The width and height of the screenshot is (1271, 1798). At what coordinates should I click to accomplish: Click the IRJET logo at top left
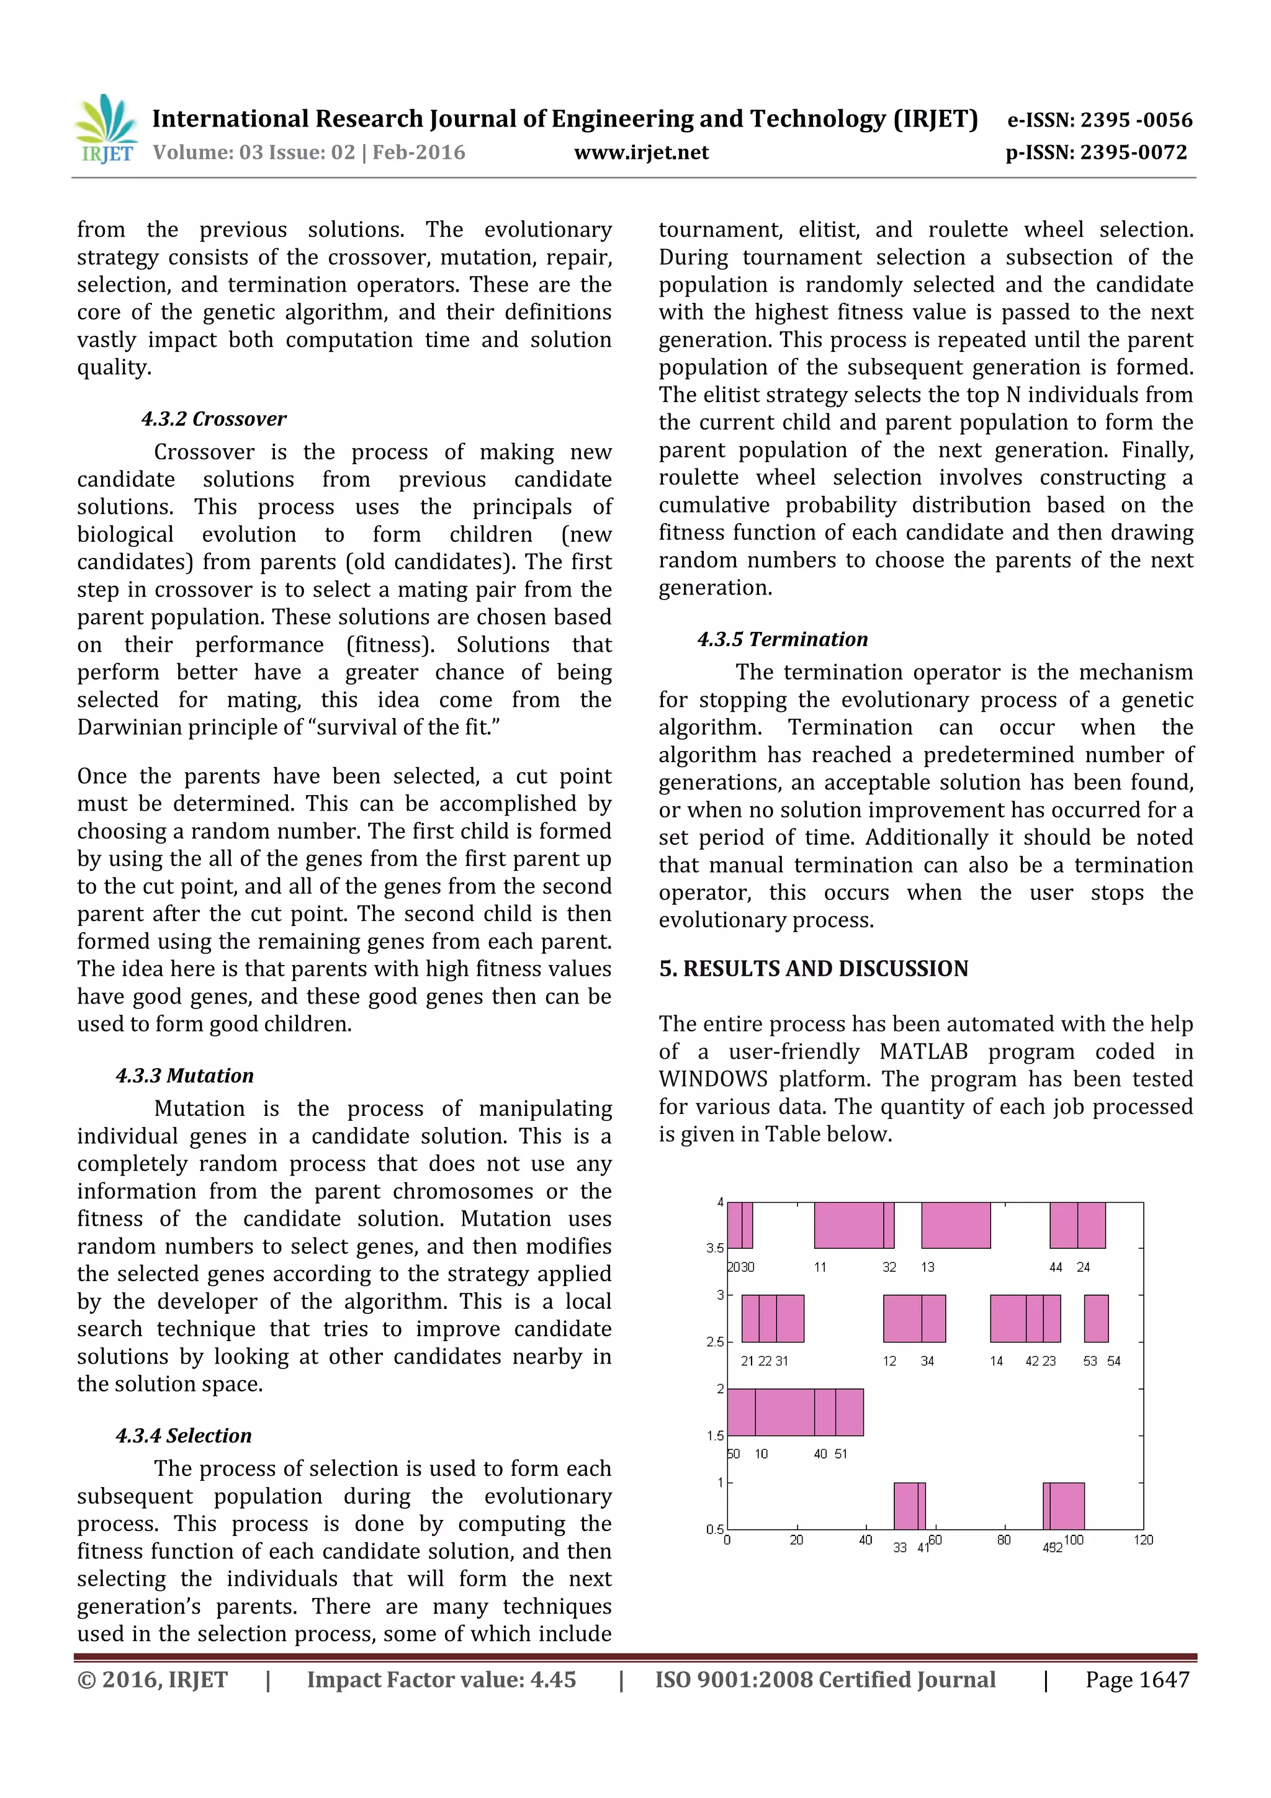[x=106, y=129]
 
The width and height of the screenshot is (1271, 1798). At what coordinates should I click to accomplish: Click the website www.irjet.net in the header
[x=640, y=153]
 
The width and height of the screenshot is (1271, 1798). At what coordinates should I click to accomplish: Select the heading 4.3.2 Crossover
[x=213, y=419]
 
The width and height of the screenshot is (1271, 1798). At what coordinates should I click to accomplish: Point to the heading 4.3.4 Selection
[x=184, y=1436]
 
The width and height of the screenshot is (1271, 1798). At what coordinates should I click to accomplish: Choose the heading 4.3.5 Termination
[x=783, y=639]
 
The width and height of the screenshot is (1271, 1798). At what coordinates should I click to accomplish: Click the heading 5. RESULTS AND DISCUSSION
[x=814, y=969]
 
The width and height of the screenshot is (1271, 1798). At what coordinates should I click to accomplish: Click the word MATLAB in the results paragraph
[x=923, y=1052]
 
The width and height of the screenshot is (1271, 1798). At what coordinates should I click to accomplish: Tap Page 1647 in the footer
[x=1137, y=1679]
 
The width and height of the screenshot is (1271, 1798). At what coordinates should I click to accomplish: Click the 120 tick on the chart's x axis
[x=1143, y=1540]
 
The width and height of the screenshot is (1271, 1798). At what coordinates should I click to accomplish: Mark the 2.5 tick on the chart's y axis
[x=714, y=1341]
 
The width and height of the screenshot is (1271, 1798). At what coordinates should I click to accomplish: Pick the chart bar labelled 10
[x=784, y=1412]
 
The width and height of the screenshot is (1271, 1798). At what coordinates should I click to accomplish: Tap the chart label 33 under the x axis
[x=900, y=1547]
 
